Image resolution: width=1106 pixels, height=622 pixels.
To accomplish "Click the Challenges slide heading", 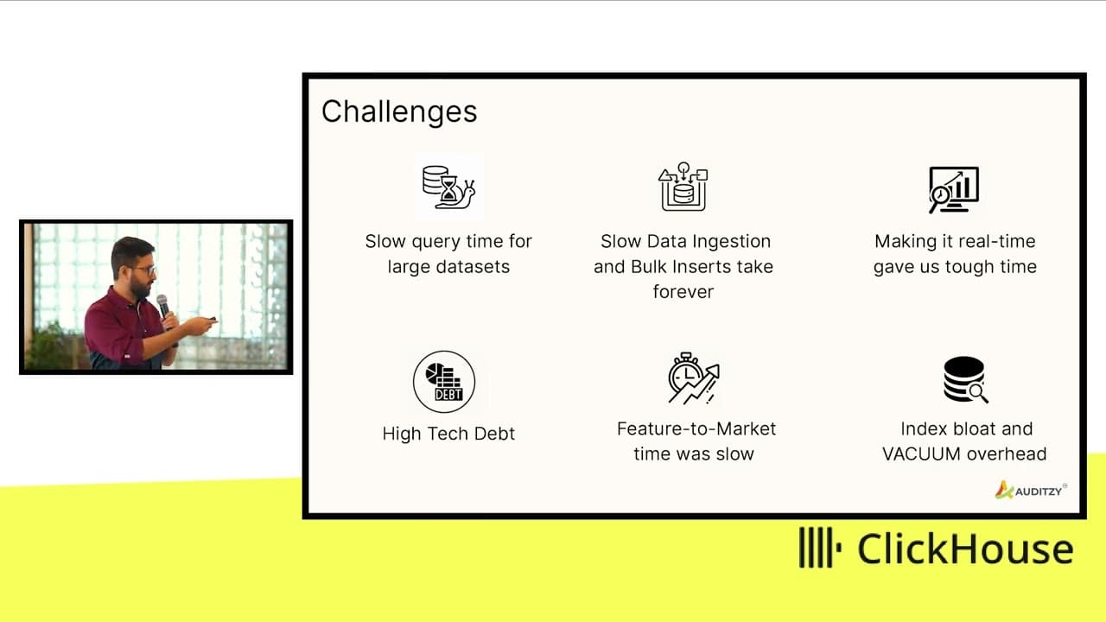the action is pos(399,111).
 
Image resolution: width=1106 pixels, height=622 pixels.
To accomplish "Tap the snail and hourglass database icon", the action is pos(448,187).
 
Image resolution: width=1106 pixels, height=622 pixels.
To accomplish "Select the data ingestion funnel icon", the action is pos(683,187).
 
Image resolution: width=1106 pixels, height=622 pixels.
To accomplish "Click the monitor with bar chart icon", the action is pos(953,190).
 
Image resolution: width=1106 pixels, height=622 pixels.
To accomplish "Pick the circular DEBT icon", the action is pos(444,382).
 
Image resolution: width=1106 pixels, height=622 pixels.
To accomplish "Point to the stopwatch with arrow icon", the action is pos(694,378).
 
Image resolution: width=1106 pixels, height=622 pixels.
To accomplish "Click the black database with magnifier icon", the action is pos(965,379).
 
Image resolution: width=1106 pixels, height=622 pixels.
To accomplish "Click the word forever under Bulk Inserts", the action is pos(683,292).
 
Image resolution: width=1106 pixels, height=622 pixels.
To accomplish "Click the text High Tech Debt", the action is pos(448,434).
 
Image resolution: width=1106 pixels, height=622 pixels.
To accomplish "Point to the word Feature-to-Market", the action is pos(696,428).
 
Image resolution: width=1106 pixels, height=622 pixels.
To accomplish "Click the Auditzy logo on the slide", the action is pos(1031,490).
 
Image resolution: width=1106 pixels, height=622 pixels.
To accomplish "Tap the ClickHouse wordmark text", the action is pos(966,549).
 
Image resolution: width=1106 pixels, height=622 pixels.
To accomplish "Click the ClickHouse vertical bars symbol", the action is pos(820,548).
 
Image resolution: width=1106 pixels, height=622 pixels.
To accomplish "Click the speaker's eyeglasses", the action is pos(143,270).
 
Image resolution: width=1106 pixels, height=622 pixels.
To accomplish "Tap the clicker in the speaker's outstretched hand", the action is pos(212,320).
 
